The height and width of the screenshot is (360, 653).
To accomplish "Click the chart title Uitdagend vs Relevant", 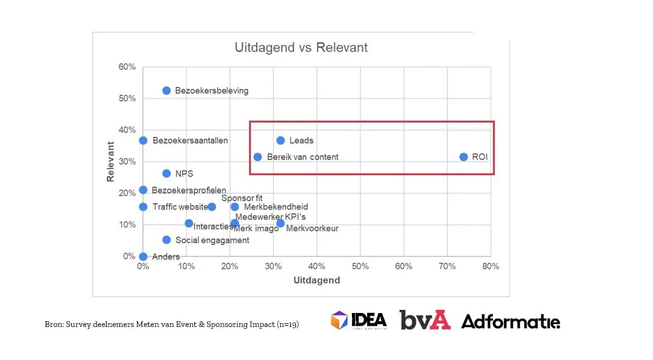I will click(300, 48).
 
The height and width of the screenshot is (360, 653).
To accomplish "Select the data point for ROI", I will click(464, 157).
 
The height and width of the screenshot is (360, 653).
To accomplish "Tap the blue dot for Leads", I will click(281, 140).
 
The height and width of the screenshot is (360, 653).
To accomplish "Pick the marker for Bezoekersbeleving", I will click(166, 91).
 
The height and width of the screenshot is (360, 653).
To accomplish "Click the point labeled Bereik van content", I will click(257, 157).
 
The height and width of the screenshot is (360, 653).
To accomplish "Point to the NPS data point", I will click(166, 173).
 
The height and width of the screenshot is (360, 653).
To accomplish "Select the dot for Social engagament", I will click(166, 240).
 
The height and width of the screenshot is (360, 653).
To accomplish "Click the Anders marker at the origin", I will click(143, 257).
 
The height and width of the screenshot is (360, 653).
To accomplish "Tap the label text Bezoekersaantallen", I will click(190, 140).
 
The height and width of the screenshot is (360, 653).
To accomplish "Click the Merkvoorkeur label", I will click(312, 229).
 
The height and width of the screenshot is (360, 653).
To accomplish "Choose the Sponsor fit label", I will click(242, 198).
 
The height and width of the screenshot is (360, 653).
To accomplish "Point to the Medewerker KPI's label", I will click(271, 217).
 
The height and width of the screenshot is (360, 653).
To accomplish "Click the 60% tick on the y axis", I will click(126, 67).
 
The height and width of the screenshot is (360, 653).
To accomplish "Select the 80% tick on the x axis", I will click(490, 267).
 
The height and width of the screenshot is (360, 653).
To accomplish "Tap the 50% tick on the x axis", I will click(360, 267).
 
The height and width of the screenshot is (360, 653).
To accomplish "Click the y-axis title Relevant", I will click(111, 162).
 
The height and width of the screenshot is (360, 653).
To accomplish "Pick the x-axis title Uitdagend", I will click(316, 280).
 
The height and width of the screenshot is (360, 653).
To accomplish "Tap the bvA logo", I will click(425, 320).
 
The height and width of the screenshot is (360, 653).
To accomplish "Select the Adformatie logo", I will click(511, 322).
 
